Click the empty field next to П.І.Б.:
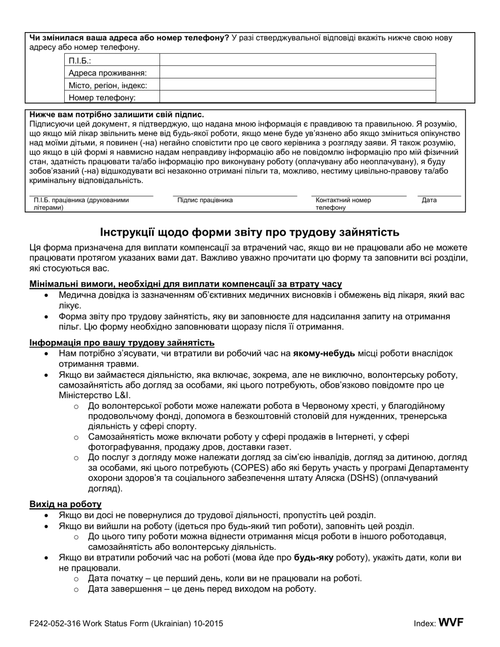coord(297,60)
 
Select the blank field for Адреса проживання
coord(297,73)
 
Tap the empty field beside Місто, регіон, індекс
coord(297,85)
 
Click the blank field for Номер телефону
coord(297,97)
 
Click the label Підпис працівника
coord(205,200)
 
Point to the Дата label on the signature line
coord(429,200)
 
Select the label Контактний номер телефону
coord(343,204)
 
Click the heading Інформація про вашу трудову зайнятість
coord(122,343)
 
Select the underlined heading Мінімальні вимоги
coord(186,284)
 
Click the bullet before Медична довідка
coord(48,296)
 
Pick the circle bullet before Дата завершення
coord(76,590)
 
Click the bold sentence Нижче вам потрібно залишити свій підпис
coord(117,114)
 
